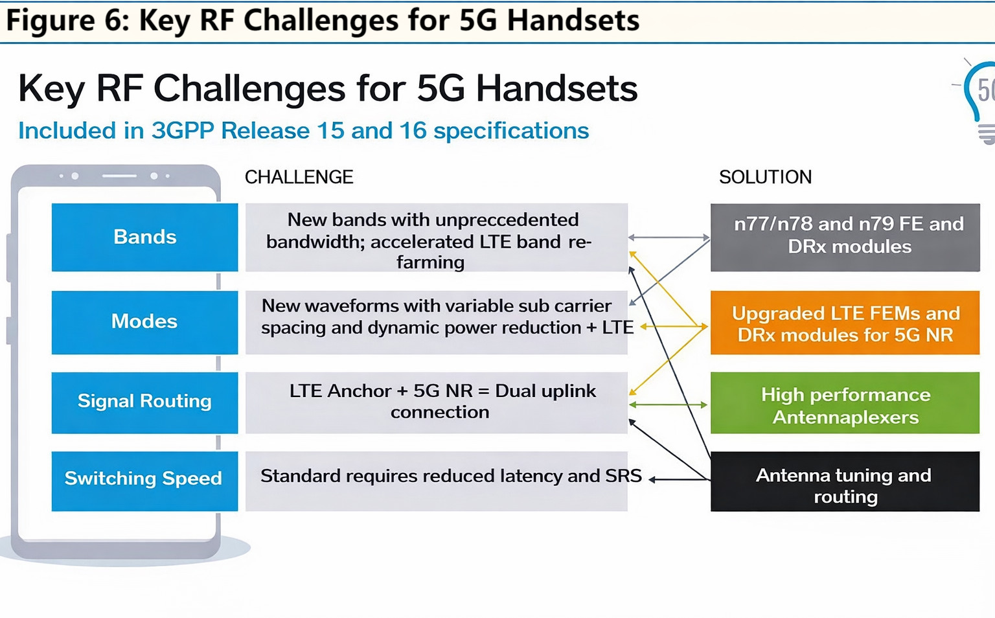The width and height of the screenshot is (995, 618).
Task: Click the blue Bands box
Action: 144,237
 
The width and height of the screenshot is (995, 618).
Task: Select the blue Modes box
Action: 144,322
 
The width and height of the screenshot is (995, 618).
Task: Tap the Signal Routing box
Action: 144,402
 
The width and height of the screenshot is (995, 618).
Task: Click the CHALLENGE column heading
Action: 299,177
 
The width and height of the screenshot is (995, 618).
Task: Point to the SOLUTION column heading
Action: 765,177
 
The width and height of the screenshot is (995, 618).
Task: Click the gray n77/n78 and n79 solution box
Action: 845,236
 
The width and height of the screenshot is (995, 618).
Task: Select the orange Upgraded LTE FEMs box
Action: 845,323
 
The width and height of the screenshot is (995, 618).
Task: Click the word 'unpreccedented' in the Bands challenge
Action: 507,220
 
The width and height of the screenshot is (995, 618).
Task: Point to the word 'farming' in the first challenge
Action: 430,262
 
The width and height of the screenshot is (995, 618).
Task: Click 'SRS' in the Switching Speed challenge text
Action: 623,476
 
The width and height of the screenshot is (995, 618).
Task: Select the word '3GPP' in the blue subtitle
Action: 182,131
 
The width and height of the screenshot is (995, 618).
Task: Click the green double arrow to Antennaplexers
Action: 668,405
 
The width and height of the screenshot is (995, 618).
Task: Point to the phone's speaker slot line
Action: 119,176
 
